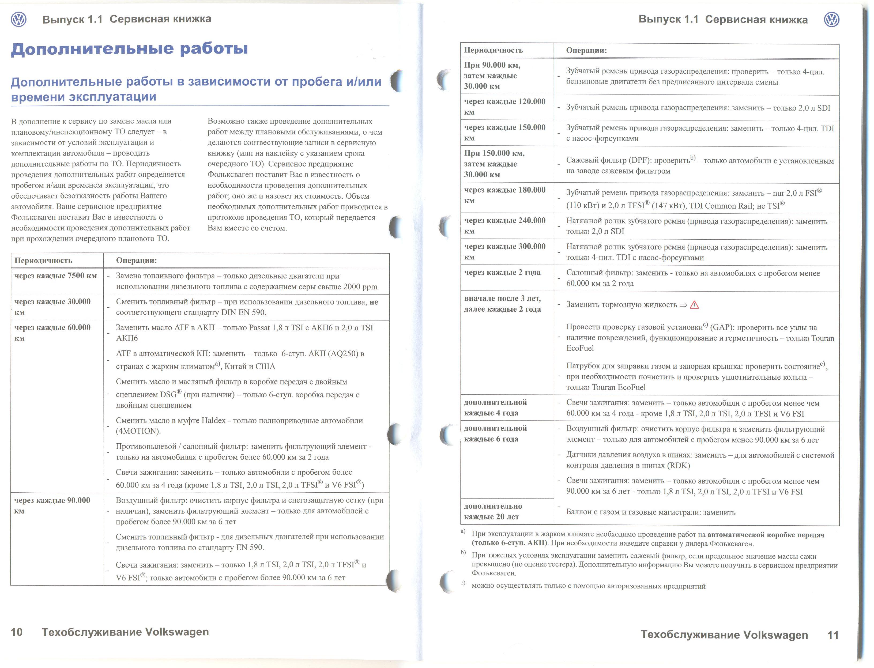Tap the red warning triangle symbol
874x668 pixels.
[x=694, y=305]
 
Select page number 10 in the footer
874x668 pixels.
[x=17, y=632]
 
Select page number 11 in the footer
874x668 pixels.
[x=833, y=635]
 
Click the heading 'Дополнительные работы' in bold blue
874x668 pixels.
[x=129, y=49]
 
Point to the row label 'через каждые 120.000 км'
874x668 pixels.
[x=504, y=107]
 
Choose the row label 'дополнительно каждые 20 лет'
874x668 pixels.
[x=493, y=511]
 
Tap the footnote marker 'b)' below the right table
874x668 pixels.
[x=463, y=552]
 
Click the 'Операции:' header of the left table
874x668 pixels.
[x=136, y=261]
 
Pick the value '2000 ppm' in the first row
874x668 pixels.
[x=360, y=287]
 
